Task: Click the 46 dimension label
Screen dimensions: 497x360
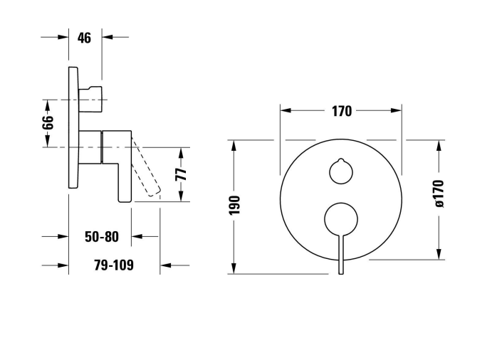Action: click(84, 38)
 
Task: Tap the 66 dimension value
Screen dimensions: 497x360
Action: click(48, 122)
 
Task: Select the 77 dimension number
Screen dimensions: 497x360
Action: click(181, 174)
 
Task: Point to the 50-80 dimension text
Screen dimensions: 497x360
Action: click(102, 237)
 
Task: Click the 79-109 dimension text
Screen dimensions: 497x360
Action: click(114, 265)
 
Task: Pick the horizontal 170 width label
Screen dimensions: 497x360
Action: click(342, 112)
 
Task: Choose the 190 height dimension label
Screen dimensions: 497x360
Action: click(234, 205)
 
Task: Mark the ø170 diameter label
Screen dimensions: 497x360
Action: click(439, 194)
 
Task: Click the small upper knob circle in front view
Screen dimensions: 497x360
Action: click(341, 171)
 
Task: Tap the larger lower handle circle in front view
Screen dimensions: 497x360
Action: click(341, 219)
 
